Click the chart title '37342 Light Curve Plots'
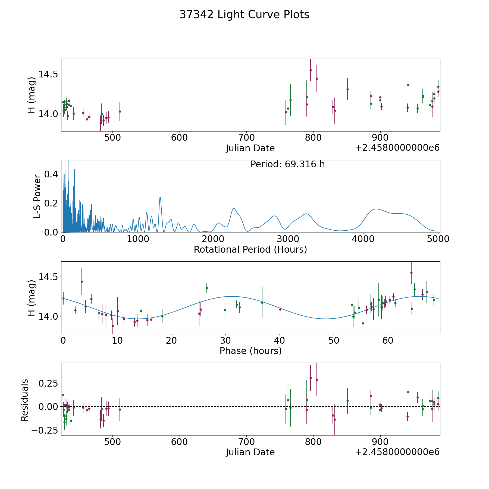click(x=244, y=15)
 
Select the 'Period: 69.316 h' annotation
click(x=287, y=164)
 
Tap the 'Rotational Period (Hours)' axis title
click(x=250, y=249)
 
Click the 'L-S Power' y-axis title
click(x=37, y=196)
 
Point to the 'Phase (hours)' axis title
click(x=250, y=351)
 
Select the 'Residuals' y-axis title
click(x=25, y=400)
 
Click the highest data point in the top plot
click(x=311, y=70)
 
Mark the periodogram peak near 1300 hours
click(x=160, y=197)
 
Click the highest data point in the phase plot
click(x=411, y=273)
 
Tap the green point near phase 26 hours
click(x=207, y=288)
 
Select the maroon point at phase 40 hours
click(x=280, y=309)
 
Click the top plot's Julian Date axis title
click(x=250, y=148)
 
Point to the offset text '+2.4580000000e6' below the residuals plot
click(x=397, y=452)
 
